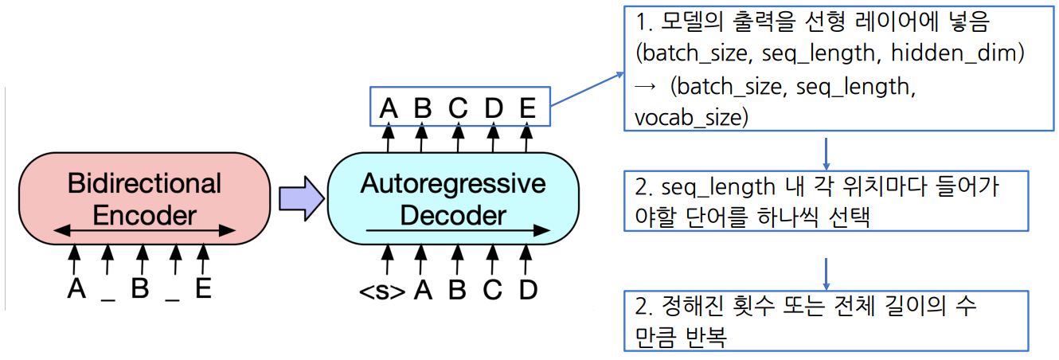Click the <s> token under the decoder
point(382,291)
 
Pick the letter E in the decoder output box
point(527,106)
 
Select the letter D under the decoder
point(527,291)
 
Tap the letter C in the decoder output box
point(458,106)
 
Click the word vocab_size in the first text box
point(691,119)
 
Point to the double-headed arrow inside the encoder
point(143,231)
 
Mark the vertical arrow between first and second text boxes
point(826,152)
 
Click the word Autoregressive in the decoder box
point(453,184)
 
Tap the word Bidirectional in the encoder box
point(144,184)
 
